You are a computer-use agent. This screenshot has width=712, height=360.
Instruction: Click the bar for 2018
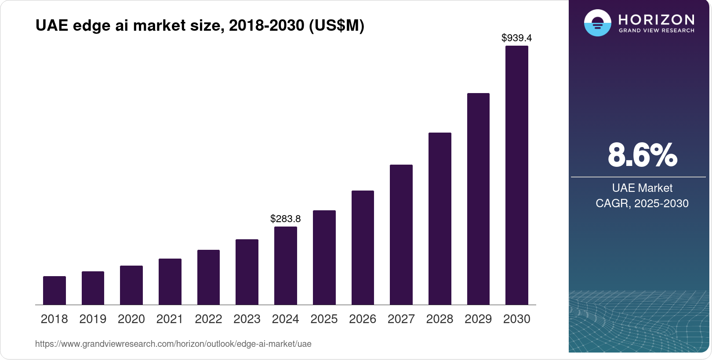54,290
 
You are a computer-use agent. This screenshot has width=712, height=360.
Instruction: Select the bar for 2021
170,281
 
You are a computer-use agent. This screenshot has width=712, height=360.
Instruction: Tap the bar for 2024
286,266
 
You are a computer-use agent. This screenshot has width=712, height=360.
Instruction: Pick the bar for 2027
401,234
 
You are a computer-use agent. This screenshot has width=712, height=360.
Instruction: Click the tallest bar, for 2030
516,176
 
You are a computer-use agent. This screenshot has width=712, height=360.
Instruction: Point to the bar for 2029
478,199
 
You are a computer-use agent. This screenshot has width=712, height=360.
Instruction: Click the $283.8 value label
286,219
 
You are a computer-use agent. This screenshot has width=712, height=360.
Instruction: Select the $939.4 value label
516,38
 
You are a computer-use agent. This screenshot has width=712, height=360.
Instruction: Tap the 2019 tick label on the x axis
93,319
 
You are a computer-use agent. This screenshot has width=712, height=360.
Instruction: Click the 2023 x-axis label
247,319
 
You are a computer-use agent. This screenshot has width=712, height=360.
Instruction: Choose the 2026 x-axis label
363,319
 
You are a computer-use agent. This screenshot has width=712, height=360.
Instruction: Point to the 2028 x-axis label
440,319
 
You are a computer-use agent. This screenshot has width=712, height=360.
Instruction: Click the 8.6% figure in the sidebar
642,155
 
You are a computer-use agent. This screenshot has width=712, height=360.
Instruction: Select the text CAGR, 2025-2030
642,203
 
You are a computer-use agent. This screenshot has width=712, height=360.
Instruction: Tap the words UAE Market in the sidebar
642,188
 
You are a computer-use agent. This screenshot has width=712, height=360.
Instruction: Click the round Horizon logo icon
597,23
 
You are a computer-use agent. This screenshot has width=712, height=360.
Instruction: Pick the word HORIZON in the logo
656,20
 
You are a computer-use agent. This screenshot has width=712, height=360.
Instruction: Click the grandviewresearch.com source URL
173,344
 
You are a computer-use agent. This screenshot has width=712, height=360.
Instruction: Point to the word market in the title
160,25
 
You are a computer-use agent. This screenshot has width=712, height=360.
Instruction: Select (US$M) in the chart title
337,25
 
